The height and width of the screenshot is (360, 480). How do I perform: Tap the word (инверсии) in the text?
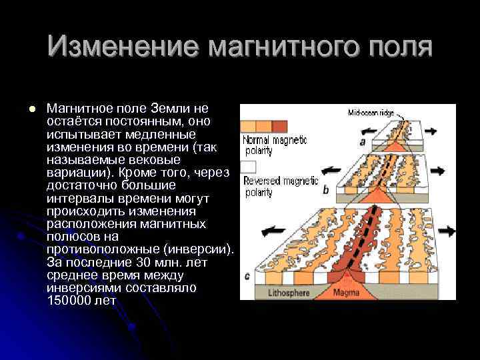[199, 249]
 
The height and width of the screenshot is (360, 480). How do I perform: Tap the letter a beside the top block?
[362, 141]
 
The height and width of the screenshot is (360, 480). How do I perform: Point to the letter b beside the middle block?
[325, 190]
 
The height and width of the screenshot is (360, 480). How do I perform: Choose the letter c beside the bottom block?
[247, 275]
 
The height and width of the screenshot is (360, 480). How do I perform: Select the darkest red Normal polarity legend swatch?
[279, 127]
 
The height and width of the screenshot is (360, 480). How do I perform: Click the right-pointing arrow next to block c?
[446, 231]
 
